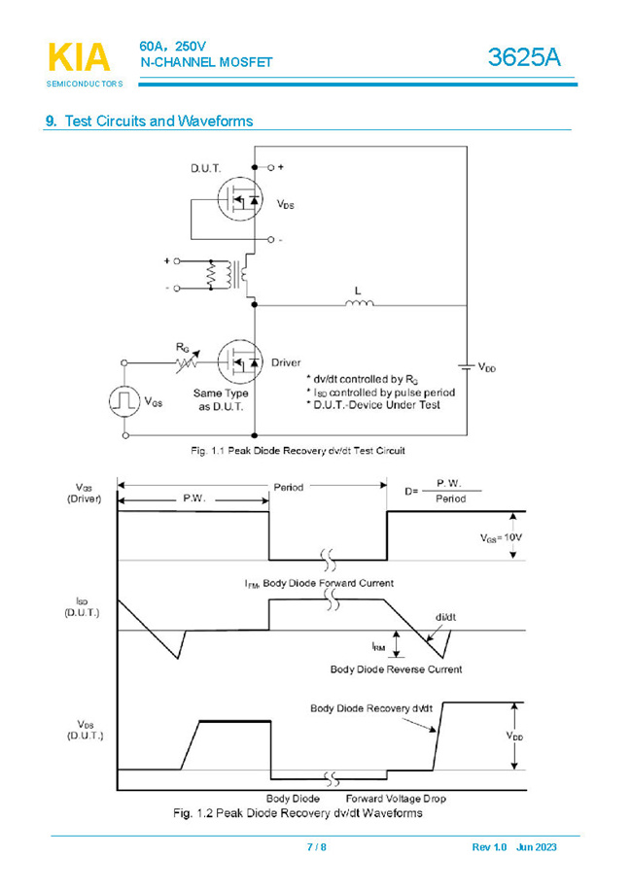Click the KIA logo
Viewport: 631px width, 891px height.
[79, 58]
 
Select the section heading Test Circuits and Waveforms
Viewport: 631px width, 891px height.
[158, 121]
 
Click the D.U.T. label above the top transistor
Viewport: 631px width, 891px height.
[205, 169]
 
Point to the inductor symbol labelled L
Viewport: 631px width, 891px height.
[359, 305]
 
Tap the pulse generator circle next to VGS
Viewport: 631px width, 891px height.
[123, 400]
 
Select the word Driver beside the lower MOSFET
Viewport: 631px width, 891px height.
[286, 362]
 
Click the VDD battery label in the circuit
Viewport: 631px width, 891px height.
[486, 367]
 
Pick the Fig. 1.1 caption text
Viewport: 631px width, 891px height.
[296, 451]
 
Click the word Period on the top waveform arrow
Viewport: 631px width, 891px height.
[288, 487]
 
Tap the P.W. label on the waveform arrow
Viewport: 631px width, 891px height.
[194, 498]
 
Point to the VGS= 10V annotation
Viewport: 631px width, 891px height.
[502, 537]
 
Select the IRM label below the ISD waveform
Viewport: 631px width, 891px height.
[378, 645]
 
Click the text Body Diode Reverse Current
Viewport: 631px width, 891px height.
[396, 668]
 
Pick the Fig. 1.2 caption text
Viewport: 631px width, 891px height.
[297, 812]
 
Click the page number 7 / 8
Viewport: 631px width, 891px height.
[316, 847]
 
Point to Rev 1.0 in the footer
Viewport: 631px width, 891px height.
[489, 847]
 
